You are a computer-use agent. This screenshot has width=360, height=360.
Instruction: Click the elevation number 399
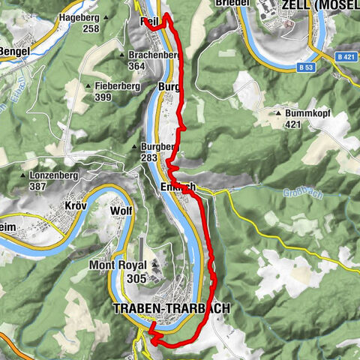(x=103, y=97)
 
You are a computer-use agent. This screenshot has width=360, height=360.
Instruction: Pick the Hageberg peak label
(x=79, y=16)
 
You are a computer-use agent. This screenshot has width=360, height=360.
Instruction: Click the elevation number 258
(x=91, y=28)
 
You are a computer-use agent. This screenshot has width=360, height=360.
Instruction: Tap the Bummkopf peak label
(x=307, y=114)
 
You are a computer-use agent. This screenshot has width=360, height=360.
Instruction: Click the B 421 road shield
(x=345, y=56)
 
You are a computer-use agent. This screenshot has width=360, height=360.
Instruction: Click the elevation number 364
(x=137, y=67)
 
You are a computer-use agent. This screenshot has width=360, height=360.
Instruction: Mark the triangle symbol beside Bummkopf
(x=279, y=114)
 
